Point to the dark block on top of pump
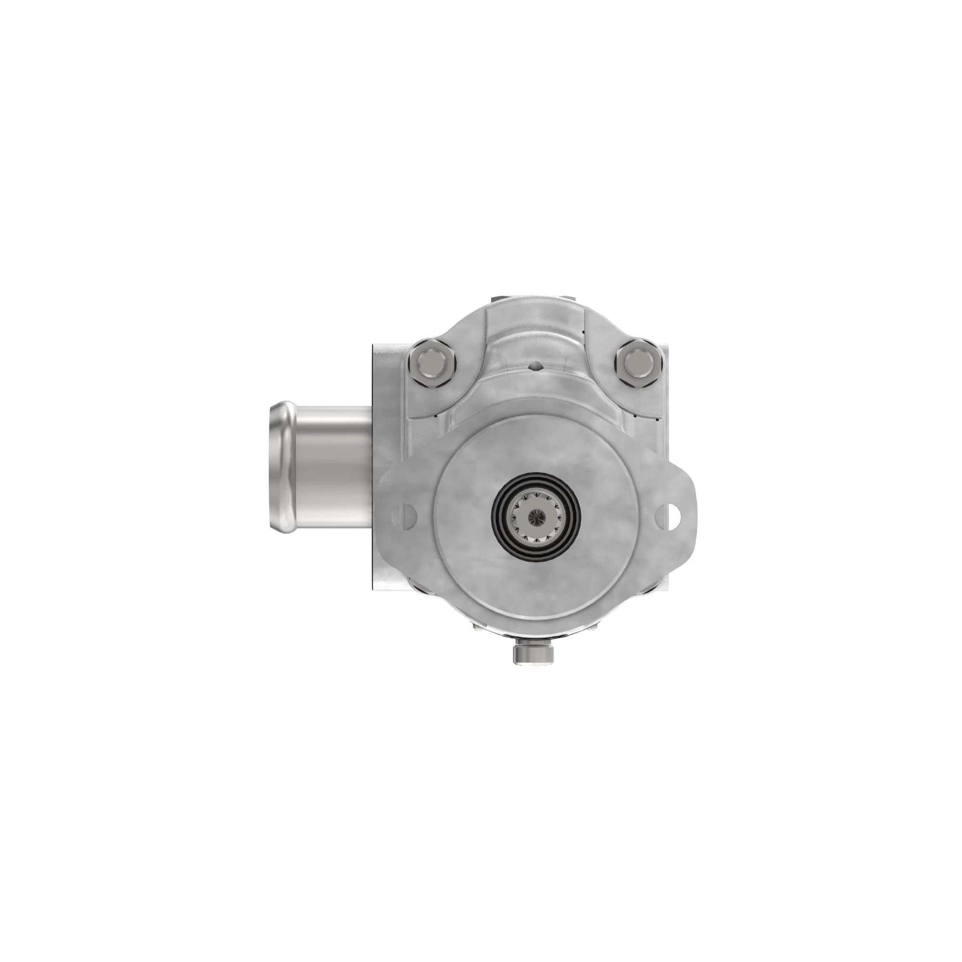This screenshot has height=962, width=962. pos(533,299)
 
